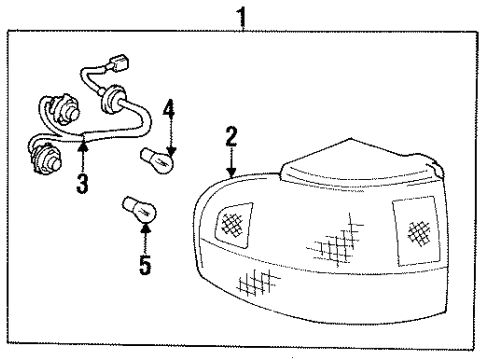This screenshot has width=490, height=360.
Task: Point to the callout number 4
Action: pyautogui.click(x=169, y=106)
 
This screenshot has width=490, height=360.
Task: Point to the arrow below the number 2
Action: pyautogui.click(x=231, y=165)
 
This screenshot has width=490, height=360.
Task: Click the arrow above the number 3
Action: pyautogui.click(x=83, y=155)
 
